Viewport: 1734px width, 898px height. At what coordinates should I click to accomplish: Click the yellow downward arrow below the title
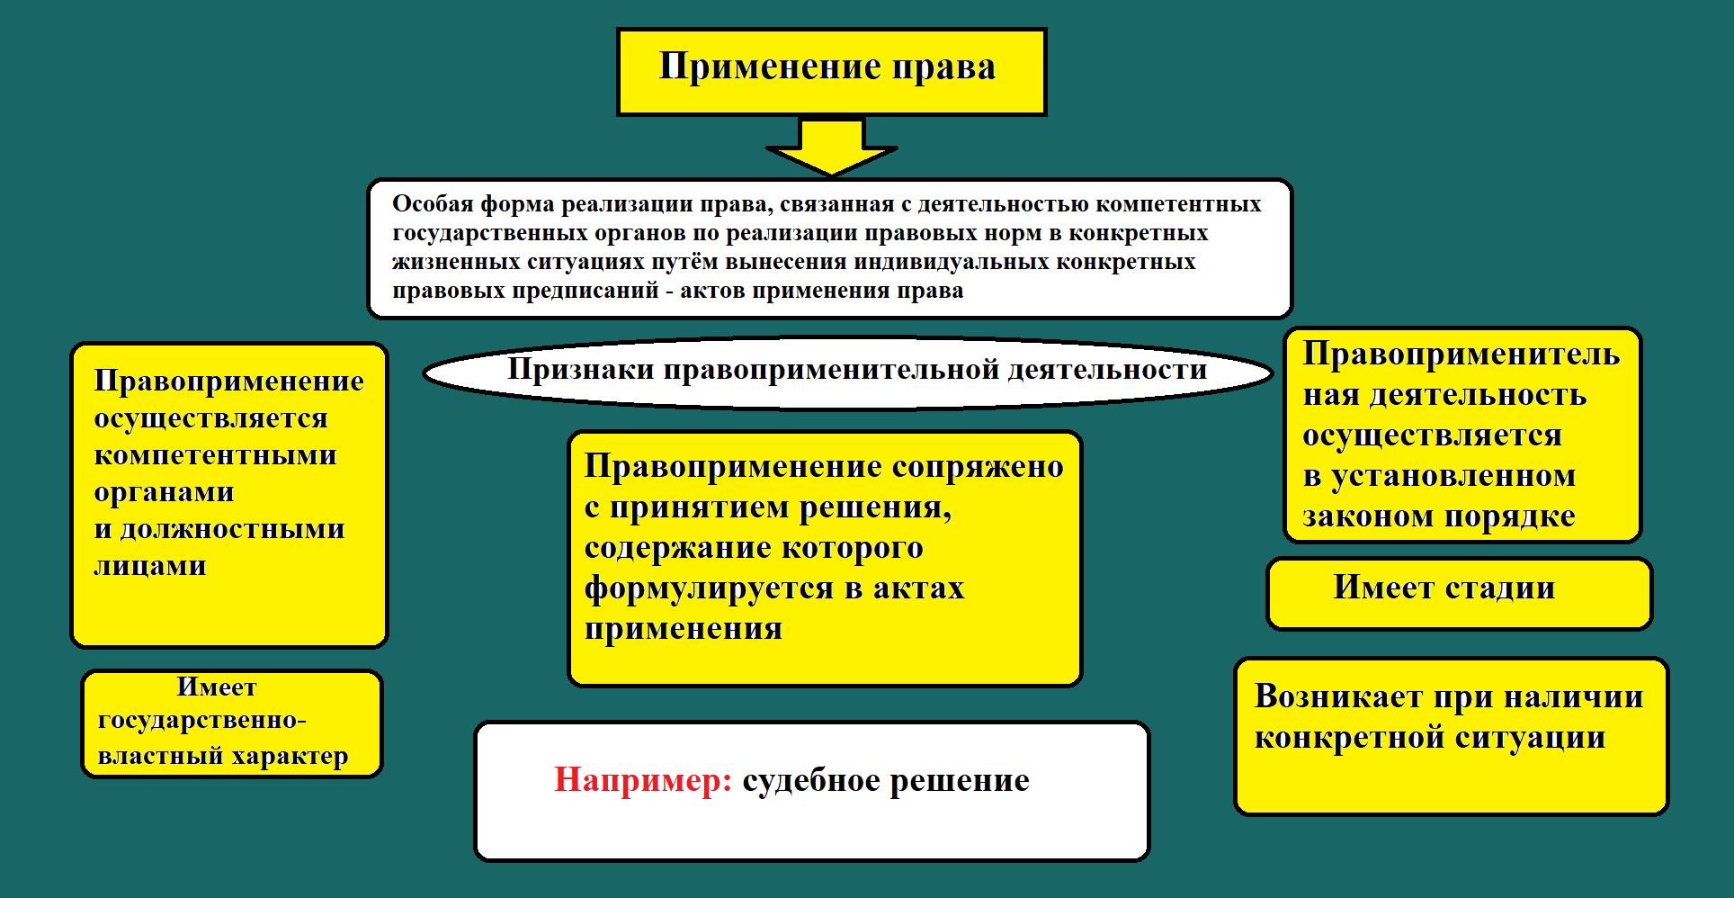832,148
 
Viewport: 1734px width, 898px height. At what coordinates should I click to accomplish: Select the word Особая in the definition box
433,204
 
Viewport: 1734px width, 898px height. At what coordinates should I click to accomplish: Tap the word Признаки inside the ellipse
580,369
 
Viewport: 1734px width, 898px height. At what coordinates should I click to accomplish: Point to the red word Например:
643,780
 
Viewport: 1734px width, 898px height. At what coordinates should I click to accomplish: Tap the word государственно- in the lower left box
202,721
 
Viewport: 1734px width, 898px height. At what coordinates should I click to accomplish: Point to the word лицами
150,566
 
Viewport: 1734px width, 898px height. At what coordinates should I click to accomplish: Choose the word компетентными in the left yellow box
215,455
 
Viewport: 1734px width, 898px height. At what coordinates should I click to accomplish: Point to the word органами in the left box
164,492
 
